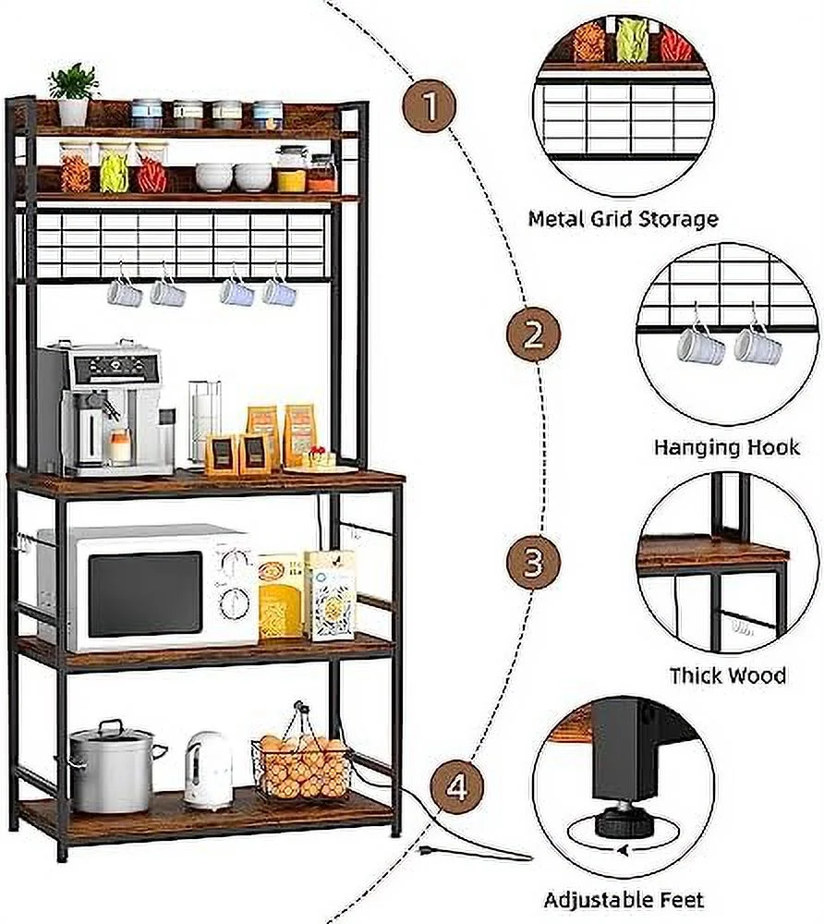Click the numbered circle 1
pyautogui.click(x=429, y=108)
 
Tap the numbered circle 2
pyautogui.click(x=533, y=334)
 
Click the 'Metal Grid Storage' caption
pyautogui.click(x=623, y=219)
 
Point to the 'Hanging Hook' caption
pyautogui.click(x=727, y=447)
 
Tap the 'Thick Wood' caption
pyautogui.click(x=728, y=675)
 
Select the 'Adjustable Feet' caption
pyautogui.click(x=624, y=899)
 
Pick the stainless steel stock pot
pyautogui.click(x=112, y=767)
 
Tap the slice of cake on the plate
pyautogui.click(x=319, y=456)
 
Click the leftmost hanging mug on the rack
pyautogui.click(x=124, y=293)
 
